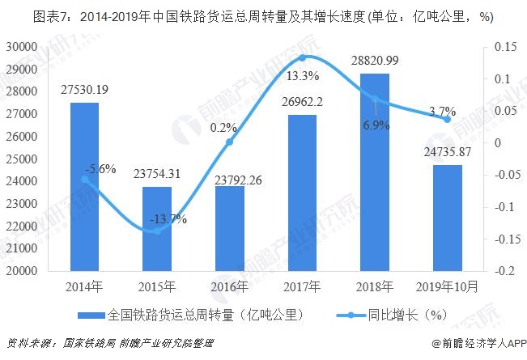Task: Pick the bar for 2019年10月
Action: [x=447, y=218]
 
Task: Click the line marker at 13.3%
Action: [x=302, y=57]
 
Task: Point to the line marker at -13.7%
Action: [x=156, y=231]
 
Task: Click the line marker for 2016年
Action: [x=229, y=142]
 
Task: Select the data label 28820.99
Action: [x=375, y=61]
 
